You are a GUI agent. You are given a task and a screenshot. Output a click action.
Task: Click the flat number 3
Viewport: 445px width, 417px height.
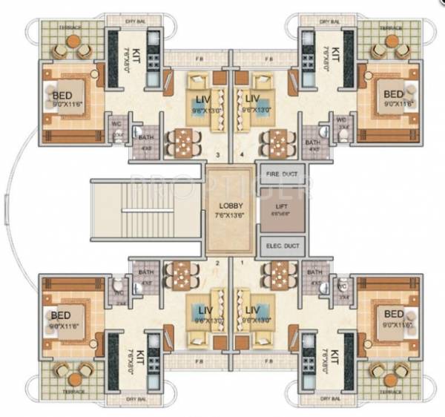click(217, 155)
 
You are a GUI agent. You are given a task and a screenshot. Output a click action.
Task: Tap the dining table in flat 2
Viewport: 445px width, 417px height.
click(179, 274)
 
